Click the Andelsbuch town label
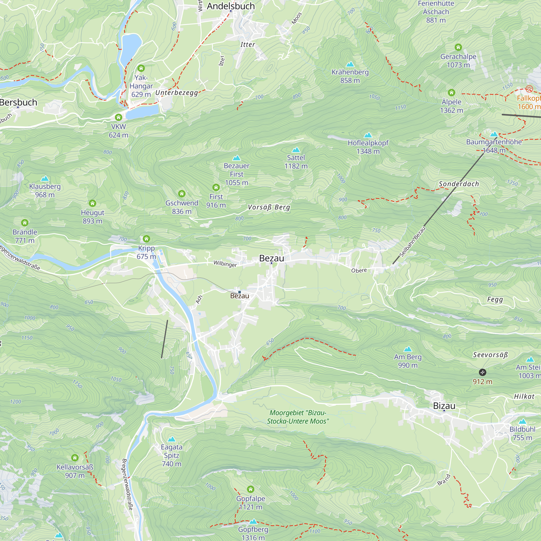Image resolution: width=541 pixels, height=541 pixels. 231,6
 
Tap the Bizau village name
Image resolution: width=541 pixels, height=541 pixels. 444,406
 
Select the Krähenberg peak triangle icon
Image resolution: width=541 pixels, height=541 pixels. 350,64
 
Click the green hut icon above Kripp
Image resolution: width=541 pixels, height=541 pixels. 146,239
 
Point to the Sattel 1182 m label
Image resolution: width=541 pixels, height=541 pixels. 296,162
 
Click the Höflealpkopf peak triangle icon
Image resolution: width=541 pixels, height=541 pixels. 368,135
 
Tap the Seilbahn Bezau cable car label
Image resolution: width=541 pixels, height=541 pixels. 413,242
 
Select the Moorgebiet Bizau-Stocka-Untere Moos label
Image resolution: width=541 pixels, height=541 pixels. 298,417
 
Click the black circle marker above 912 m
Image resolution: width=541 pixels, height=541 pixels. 483,372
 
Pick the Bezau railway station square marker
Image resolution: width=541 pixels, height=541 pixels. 239,292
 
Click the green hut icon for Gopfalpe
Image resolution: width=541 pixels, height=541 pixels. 251,489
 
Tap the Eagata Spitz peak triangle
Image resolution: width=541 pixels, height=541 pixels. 172,439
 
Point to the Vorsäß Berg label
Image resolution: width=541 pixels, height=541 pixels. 269,207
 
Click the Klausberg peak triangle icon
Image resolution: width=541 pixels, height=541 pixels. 45,179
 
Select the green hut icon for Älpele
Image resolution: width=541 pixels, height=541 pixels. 451,93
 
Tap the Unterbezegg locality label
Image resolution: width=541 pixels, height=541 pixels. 177,93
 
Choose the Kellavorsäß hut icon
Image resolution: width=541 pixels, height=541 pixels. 75,458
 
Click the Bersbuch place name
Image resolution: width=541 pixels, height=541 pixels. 18,102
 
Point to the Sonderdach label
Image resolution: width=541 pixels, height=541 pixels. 459,184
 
